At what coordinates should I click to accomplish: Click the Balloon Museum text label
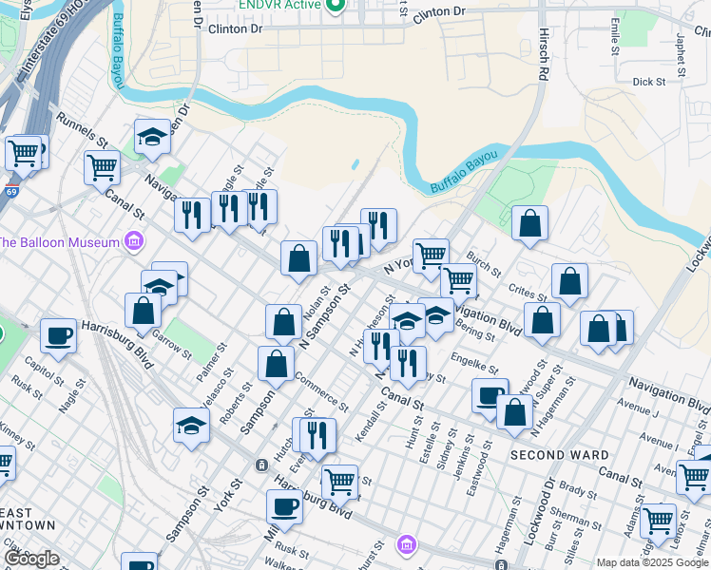(59, 241)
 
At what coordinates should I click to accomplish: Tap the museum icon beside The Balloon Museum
(133, 240)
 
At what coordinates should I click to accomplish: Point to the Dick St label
(648, 83)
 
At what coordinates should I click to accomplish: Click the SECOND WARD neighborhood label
(559, 456)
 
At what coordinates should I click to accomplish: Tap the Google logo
(30, 559)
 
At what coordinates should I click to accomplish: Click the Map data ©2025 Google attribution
(651, 562)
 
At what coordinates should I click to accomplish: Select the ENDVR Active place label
(279, 5)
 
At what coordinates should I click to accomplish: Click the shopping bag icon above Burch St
(530, 223)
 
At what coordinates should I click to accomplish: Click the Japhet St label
(681, 56)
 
